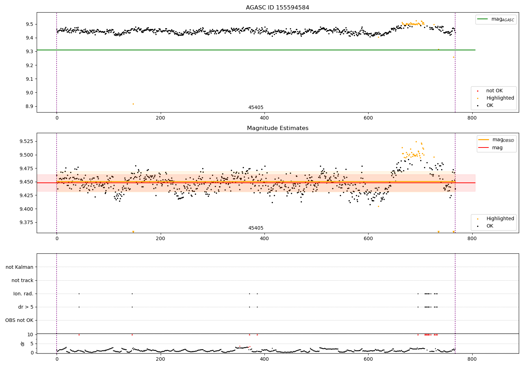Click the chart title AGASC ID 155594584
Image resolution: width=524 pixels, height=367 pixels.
tap(277, 8)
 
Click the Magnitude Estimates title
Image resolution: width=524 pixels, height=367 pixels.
tap(277, 128)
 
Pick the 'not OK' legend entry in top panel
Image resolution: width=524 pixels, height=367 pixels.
tap(494, 91)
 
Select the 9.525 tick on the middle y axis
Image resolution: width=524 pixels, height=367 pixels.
tap(26, 141)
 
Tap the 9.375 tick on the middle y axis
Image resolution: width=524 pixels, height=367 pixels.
tap(26, 222)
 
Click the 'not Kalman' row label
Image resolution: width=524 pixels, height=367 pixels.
tap(20, 267)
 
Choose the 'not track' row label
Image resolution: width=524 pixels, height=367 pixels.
tap(22, 280)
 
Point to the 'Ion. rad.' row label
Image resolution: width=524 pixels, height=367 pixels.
tap(23, 294)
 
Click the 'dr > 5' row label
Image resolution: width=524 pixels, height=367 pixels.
tap(26, 307)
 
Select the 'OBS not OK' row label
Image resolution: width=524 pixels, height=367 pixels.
tap(19, 320)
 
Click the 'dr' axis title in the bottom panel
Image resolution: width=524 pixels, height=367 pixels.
tap(23, 344)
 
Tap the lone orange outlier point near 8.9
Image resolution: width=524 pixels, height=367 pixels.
tap(133, 104)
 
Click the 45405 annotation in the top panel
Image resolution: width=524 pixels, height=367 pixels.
tap(256, 108)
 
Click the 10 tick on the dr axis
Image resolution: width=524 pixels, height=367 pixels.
tap(30, 334)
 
